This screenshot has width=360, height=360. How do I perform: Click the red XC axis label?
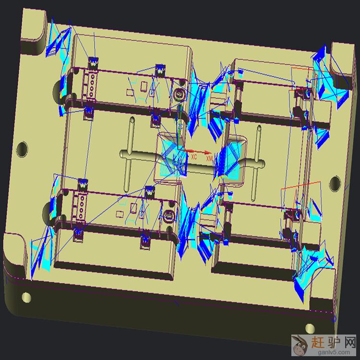pos(194,157)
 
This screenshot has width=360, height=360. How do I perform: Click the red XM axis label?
pos(209,158)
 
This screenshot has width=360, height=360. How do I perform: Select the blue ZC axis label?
pos(180,127)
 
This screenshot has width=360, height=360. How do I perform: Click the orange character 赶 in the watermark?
pos(318,343)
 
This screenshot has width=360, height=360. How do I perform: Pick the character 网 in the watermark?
pos(349,343)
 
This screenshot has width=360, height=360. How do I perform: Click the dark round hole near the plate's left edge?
pos(22,149)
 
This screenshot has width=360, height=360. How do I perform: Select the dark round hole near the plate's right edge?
pos(335,183)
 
